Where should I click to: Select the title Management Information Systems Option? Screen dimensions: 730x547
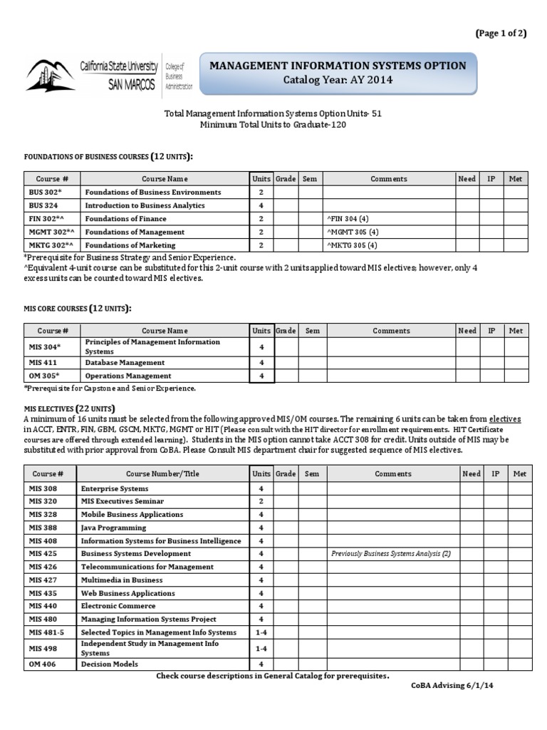(x=338, y=66)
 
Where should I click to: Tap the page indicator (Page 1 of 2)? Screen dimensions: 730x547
(x=501, y=34)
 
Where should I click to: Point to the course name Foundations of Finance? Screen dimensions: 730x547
(x=125, y=219)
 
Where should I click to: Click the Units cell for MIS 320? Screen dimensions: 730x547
(x=261, y=501)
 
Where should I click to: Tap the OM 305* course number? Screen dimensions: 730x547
(x=44, y=376)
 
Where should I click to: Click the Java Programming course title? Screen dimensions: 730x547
(x=113, y=528)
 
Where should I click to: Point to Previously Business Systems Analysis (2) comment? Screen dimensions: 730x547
(x=391, y=554)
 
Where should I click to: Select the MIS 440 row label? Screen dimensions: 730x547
(x=43, y=606)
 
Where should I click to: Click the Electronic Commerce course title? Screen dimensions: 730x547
(x=118, y=606)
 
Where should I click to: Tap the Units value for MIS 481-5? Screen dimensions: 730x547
(x=261, y=632)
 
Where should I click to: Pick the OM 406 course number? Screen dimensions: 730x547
(x=42, y=664)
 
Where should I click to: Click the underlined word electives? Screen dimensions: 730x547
(x=505, y=420)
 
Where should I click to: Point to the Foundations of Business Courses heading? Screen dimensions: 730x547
(x=108, y=156)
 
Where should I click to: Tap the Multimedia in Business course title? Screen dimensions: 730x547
(x=122, y=580)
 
